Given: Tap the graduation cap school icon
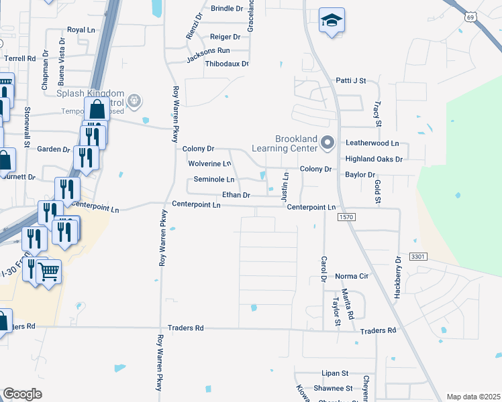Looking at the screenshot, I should click(x=330, y=21).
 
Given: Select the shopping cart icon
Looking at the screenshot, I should click(x=48, y=271).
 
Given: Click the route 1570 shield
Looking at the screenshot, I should click(x=346, y=218).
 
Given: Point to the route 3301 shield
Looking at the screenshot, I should click(x=418, y=257).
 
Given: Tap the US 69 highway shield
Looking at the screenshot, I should click(x=471, y=17).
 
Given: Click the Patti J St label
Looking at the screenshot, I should click(x=350, y=80).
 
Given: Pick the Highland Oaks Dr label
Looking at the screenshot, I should click(x=374, y=159).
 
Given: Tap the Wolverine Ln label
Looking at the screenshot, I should click(x=209, y=163).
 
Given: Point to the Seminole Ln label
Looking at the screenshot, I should click(x=214, y=180).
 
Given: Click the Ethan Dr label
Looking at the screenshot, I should click(x=236, y=195).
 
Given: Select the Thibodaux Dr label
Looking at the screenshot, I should click(x=227, y=64).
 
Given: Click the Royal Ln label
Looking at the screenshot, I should click(x=81, y=30).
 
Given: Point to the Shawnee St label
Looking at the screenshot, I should click(x=333, y=389).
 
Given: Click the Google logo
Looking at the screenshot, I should click(x=22, y=394).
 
